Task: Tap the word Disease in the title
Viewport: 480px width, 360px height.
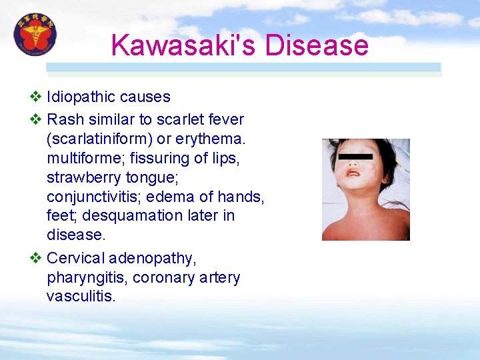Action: [317, 45]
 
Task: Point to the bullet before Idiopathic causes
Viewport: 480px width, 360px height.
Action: [36, 97]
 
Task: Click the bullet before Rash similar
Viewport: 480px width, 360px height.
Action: [36, 120]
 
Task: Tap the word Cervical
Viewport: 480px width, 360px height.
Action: [75, 259]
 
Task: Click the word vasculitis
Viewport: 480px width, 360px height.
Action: [81, 296]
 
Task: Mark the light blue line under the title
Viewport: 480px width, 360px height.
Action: [243, 67]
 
